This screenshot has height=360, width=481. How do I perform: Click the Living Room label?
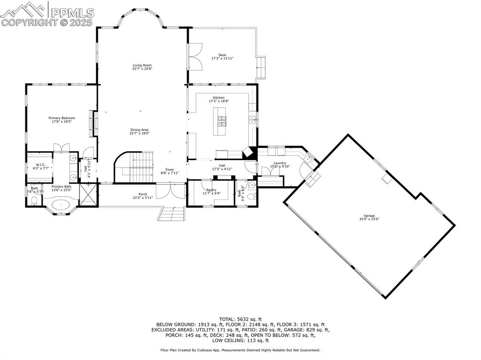point(142,65)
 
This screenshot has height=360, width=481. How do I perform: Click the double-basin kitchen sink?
point(252,119)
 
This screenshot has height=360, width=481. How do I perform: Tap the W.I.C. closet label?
point(40,165)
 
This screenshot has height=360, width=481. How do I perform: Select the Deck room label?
point(222,55)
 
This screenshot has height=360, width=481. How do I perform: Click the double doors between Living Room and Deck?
point(195,56)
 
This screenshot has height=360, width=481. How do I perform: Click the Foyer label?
point(170,169)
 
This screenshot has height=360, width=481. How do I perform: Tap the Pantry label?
point(211,190)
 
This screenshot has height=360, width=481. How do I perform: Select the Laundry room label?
point(279,163)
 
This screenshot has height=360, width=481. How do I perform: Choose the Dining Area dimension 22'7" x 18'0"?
point(140,133)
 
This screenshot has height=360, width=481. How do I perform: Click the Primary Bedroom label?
point(62,118)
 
